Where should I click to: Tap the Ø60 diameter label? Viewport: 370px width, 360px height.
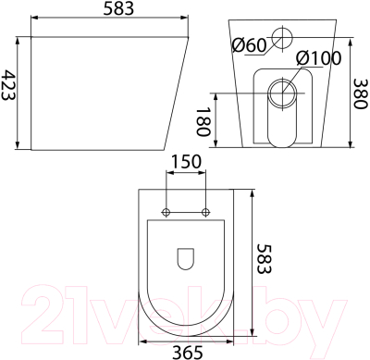(x=250, y=43)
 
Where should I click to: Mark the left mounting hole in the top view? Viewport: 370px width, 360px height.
(x=166, y=212)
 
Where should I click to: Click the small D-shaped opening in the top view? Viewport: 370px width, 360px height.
(x=185, y=255)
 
